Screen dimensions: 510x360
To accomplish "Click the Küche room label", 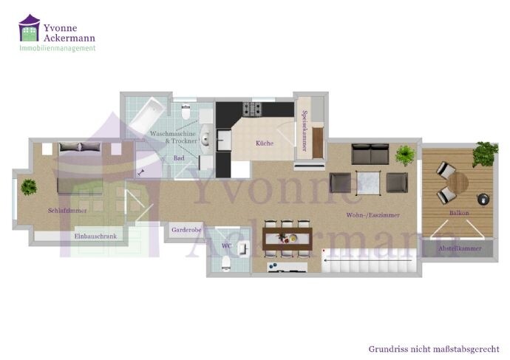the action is [x=265, y=143].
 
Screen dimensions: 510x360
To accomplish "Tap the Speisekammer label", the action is [x=305, y=131].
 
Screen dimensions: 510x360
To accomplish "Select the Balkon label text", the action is [x=459, y=213].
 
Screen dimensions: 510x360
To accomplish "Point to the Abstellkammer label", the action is [x=460, y=248].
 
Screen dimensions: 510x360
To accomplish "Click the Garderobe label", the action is [x=186, y=230].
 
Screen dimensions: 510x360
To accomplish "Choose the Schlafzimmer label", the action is [x=67, y=211].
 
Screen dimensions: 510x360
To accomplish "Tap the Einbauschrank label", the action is [x=95, y=237].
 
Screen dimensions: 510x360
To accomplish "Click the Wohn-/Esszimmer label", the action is [x=373, y=215].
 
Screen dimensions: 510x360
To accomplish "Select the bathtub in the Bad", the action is [x=147, y=115].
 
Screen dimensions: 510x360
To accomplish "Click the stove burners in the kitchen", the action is [x=252, y=109].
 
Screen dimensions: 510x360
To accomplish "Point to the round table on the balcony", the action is [x=458, y=183].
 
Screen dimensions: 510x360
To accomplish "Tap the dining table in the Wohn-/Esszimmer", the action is [x=288, y=239].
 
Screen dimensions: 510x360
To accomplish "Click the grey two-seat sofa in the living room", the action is [x=370, y=154].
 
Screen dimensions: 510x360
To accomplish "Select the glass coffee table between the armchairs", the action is [x=368, y=183].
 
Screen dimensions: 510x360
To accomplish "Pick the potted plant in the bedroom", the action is [x=29, y=187].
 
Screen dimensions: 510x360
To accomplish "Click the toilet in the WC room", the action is [x=226, y=263].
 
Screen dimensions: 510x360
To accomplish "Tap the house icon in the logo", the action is [x=30, y=28].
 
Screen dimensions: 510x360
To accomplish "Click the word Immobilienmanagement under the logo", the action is [x=58, y=48].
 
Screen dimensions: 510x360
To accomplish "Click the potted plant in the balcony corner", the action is [x=485, y=154].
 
